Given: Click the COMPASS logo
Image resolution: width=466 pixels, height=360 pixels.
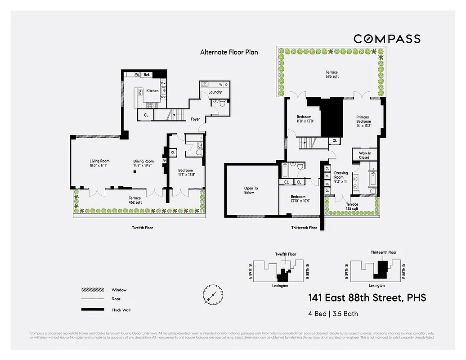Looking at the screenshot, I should point(387,39).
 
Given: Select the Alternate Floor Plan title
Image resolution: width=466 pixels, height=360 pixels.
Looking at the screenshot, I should point(229,52).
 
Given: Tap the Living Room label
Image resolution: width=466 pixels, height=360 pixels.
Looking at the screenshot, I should point(99,161).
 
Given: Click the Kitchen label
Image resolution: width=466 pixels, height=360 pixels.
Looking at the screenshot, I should point(152,91).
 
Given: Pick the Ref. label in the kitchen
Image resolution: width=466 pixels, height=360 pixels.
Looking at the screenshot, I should point(147,75).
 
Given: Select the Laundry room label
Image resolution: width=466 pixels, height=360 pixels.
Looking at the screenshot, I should point(215,92).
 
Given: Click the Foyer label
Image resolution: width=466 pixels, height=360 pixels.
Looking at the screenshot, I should point(195,119).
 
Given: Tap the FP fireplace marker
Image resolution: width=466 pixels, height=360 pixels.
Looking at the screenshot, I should point(164,161).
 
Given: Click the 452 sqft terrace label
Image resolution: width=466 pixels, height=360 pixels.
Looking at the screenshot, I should point(134,202).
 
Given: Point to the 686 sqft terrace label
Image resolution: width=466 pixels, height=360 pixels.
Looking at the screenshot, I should point(332,76).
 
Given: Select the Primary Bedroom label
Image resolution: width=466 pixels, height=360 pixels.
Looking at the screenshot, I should point(364,119).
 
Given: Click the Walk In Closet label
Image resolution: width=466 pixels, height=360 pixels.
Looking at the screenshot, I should point(364,155).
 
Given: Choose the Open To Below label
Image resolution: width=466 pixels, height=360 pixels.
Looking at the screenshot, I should point(251,190).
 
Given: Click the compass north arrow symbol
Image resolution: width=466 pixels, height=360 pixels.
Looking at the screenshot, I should point(212,295).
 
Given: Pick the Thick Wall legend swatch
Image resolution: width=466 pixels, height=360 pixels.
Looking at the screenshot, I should point(90,310).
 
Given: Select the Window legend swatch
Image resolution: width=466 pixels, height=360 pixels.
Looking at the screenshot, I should point(90,290).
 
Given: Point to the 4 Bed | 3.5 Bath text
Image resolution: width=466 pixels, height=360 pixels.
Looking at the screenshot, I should point(333,314).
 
